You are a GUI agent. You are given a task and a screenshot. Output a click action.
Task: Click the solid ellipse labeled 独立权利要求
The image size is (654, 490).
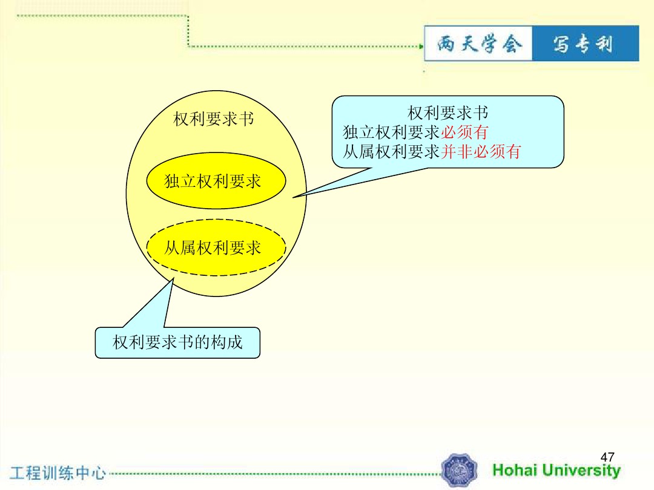[216, 180]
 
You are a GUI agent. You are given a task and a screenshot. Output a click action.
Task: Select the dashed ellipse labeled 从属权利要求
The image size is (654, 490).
[216, 247]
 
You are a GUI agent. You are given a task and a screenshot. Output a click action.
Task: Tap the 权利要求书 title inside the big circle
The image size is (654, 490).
[214, 119]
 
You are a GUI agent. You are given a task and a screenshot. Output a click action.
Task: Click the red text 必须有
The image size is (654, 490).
[464, 132]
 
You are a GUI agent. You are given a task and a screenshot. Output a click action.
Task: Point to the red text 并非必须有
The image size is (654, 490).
[480, 151]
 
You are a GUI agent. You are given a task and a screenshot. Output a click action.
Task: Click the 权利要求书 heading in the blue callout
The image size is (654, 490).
[448, 113]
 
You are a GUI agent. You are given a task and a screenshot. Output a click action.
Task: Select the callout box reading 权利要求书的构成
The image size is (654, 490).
[177, 342]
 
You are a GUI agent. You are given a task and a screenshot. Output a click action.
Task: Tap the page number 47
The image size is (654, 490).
[607, 457]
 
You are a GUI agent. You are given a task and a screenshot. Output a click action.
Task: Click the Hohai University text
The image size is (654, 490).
[557, 471]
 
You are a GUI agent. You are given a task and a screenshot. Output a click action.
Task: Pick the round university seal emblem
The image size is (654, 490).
[459, 471]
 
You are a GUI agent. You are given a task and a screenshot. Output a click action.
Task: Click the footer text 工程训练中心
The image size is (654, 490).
[58, 473]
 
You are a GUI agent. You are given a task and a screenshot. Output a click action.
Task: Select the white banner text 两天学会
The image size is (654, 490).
[479, 44]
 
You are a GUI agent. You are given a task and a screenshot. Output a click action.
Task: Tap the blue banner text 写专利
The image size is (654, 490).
[584, 44]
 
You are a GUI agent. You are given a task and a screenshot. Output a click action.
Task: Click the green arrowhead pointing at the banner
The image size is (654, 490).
[421, 46]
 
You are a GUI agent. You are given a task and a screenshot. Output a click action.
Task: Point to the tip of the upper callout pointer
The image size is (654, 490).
[293, 197]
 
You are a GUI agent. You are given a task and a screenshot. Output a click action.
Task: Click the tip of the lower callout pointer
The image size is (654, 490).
[173, 278]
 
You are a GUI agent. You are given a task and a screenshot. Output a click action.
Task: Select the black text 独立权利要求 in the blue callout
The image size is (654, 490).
[391, 132]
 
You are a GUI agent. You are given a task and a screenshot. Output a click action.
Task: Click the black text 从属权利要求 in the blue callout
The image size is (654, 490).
[391, 151]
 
